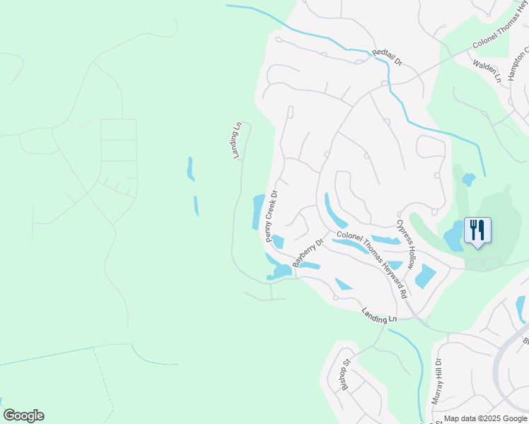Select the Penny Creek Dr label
(x=272, y=216)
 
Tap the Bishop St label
(x=347, y=375)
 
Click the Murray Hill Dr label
(x=438, y=381)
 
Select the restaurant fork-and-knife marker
(x=477, y=230)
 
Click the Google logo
(x=23, y=416)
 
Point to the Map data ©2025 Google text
(x=486, y=419)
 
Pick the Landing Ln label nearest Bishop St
(x=379, y=315)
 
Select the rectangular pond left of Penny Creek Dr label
(x=258, y=211)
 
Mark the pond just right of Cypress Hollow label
(x=425, y=275)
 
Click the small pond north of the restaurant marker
(x=468, y=179)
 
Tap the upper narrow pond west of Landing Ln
(x=190, y=169)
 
